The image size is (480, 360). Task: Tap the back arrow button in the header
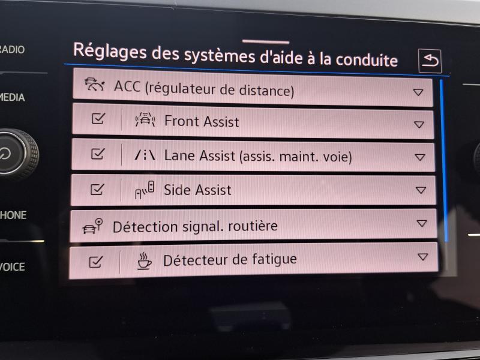tap(430, 61)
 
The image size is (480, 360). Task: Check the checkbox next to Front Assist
tap(98, 118)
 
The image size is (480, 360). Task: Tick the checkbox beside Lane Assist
tap(98, 154)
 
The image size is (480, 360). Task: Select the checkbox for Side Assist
tap(97, 189)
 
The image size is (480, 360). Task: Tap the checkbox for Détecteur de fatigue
tap(95, 262)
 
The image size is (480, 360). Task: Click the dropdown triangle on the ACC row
tap(418, 92)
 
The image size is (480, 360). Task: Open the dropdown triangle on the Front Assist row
tap(419, 124)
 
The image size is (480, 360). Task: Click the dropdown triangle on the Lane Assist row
tap(419, 157)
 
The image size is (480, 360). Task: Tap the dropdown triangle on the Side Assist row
tap(421, 190)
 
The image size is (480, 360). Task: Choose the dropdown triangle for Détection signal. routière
tap(422, 223)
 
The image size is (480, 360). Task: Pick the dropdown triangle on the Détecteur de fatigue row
tap(423, 257)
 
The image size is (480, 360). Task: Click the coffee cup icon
tap(144, 261)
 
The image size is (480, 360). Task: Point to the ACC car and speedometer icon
tap(95, 85)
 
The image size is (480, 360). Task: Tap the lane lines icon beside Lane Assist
tap(145, 155)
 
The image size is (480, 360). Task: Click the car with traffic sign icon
tap(92, 226)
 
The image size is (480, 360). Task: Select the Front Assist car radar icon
tap(145, 119)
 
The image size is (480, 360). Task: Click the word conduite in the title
tap(367, 60)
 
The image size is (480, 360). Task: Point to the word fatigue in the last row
tap(274, 260)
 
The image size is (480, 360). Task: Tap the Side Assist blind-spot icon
tap(145, 190)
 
